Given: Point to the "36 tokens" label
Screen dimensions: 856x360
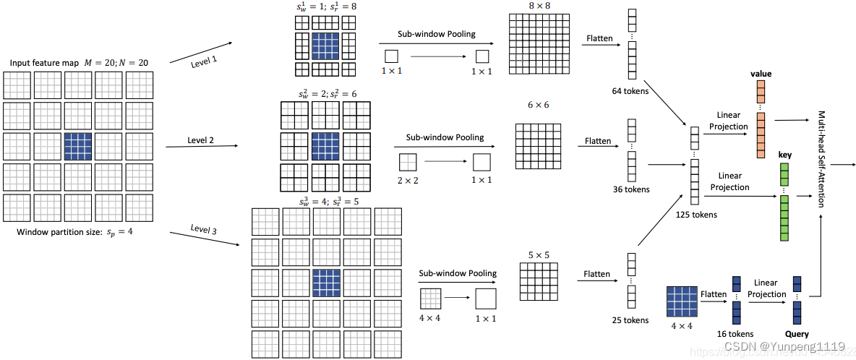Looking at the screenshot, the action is pyautogui.click(x=630, y=189).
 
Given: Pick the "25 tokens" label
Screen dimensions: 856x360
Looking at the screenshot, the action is pyautogui.click(x=630, y=320).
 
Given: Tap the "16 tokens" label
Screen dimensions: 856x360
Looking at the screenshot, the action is pyautogui.click(x=735, y=334).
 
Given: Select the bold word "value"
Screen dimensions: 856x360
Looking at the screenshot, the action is pyautogui.click(x=761, y=74).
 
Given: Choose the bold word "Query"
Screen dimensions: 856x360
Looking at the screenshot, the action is pyautogui.click(x=797, y=334).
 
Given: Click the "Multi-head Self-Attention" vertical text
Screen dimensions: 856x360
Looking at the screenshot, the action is pyautogui.click(x=823, y=159).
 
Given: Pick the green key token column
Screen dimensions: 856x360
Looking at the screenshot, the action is pyautogui.click(x=784, y=202).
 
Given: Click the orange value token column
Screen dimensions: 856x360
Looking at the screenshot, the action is pyautogui.click(x=761, y=119).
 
